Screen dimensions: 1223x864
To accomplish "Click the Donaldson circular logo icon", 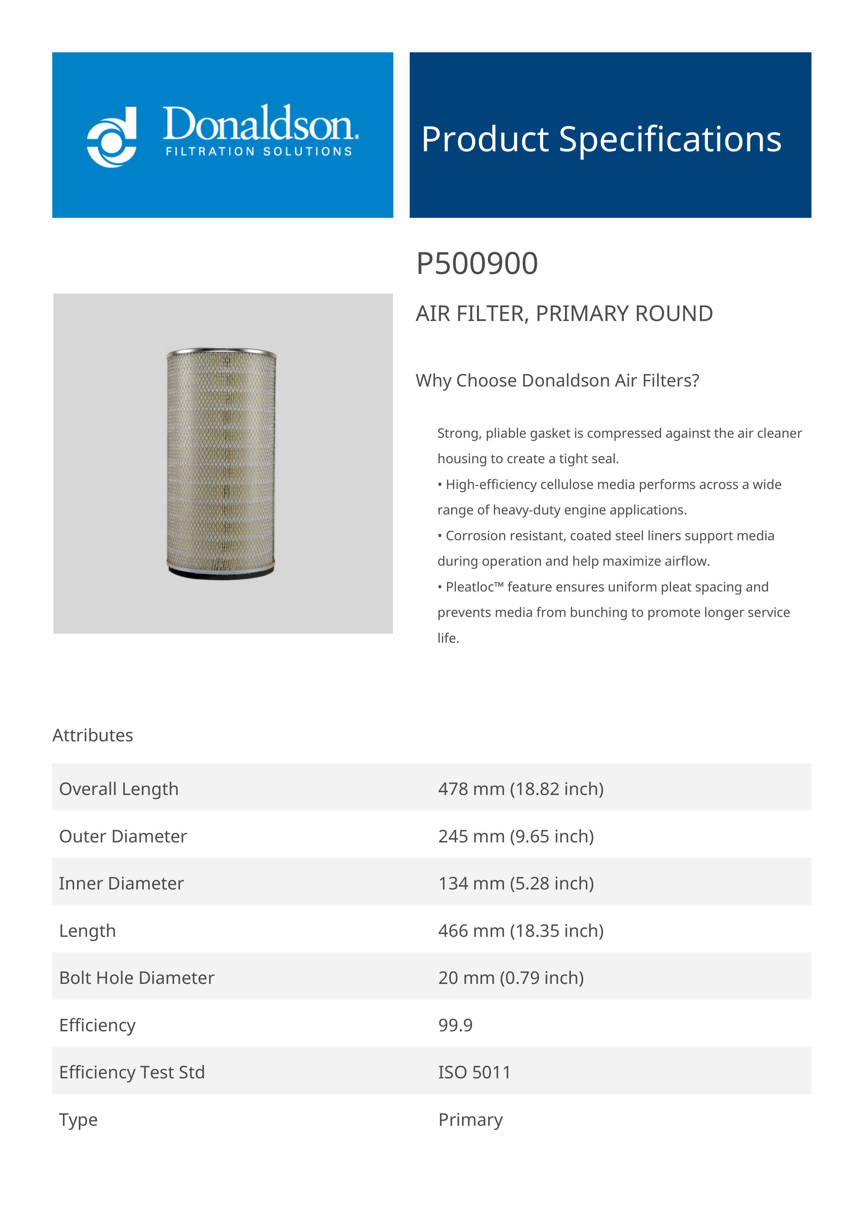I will click(x=112, y=137).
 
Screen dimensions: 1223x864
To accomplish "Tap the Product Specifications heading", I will click(x=601, y=139).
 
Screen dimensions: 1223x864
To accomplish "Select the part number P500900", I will click(x=477, y=264).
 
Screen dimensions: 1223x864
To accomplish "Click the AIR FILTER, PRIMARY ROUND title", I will click(x=564, y=314).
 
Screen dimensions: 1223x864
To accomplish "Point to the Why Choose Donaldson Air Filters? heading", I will click(x=557, y=380).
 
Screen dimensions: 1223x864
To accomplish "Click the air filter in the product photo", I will click(x=222, y=463).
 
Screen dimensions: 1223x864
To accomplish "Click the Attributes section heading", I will click(x=93, y=735).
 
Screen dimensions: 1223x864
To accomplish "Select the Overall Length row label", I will click(x=119, y=789).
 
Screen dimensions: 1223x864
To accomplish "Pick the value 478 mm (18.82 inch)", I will click(x=520, y=789).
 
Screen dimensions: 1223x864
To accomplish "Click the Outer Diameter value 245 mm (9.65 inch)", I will click(x=516, y=836).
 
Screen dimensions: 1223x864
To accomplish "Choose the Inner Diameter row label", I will click(x=121, y=883).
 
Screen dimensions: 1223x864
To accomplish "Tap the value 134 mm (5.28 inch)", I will click(x=516, y=883).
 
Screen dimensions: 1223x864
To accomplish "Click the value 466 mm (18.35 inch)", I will click(x=520, y=931).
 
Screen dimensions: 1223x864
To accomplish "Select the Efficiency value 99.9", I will click(x=455, y=1025).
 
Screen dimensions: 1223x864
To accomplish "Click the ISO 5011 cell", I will click(x=474, y=1072).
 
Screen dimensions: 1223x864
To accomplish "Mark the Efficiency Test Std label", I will click(x=132, y=1072).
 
